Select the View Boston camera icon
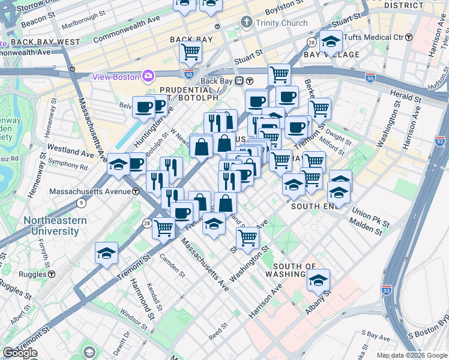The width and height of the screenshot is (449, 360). tap(148, 76)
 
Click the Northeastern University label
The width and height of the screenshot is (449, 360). tap(55, 226)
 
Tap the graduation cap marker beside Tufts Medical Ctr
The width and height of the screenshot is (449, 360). tap(331, 41)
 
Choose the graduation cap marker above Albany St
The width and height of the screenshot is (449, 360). tap(318, 280)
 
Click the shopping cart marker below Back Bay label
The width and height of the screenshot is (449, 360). tap(191, 52)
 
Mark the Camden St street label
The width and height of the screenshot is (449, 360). tap(172, 265)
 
